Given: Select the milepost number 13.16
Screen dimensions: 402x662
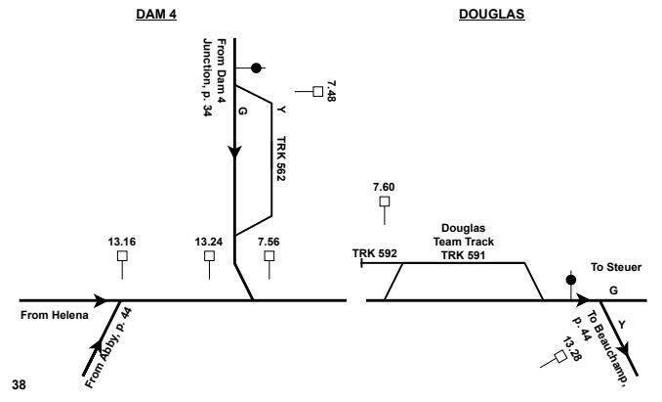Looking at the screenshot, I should tap(122, 239).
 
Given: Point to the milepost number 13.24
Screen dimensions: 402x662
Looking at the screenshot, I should tap(209, 239).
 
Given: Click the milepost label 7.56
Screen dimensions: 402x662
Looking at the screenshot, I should tap(269, 239).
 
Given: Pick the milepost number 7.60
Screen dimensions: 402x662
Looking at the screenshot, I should tap(385, 186).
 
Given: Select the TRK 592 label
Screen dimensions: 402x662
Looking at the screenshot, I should tap(373, 253).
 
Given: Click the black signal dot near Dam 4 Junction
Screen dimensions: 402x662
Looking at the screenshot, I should tap(257, 67).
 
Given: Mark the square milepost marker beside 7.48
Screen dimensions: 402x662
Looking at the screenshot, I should tap(317, 92).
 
